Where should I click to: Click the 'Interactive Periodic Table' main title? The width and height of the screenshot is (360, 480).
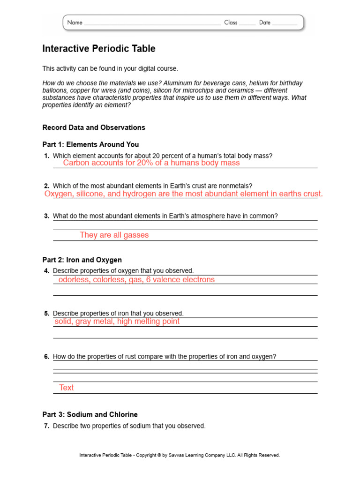coord(98,49)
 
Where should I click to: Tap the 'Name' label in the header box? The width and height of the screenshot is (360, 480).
coord(75,22)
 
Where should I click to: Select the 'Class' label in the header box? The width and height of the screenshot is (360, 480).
coord(231,22)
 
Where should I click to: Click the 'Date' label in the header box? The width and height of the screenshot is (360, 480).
coord(265,22)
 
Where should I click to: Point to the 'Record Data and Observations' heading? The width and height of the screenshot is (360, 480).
coord(94,127)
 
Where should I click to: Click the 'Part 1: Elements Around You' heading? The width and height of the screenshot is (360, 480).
coord(90,144)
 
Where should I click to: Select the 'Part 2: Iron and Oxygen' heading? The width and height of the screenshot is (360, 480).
coord(82,260)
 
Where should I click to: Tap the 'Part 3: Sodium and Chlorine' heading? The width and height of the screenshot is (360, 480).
coord(90,414)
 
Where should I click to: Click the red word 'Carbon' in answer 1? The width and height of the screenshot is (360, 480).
coord(76,163)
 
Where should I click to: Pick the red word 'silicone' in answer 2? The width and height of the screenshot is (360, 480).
coord(91,194)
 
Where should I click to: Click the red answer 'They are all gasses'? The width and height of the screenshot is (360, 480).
coord(114,235)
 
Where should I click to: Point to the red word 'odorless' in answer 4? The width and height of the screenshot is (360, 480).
coord(73,279)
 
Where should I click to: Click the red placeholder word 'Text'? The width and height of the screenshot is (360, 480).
coord(66,388)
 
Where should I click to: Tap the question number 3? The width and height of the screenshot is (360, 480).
coord(46,216)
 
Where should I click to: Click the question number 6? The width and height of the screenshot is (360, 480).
coord(46,357)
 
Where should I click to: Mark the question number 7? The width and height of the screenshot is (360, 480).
coord(46,426)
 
